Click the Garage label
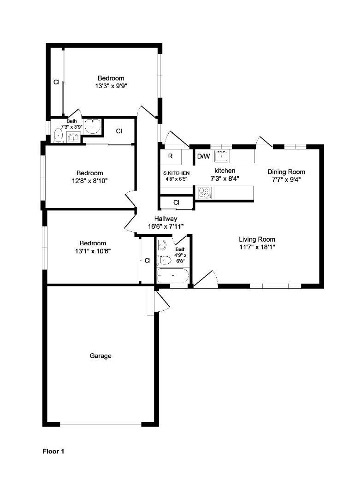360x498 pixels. point(100,356)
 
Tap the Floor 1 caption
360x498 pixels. point(53,451)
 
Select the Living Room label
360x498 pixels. point(257,239)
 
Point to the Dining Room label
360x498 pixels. point(286,172)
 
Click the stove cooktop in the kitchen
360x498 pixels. point(205,193)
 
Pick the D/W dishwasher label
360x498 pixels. point(203,156)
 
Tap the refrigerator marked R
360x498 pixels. point(171,156)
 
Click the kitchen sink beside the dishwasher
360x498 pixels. point(222,156)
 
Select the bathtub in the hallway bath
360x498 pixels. point(173,275)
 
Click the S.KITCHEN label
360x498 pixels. point(177,173)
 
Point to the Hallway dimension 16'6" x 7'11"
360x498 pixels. point(166,226)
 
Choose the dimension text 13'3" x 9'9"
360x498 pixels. point(111,86)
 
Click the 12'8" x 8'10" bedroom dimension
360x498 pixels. point(90,181)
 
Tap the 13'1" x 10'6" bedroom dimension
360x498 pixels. point(93,251)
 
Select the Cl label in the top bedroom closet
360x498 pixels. point(56,82)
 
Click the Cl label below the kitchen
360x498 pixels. point(177,202)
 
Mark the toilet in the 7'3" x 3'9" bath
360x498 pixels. point(58,136)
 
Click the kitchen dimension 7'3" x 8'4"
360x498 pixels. point(225,178)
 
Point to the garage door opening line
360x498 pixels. point(100,424)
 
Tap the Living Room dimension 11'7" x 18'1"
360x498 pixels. point(257,247)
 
